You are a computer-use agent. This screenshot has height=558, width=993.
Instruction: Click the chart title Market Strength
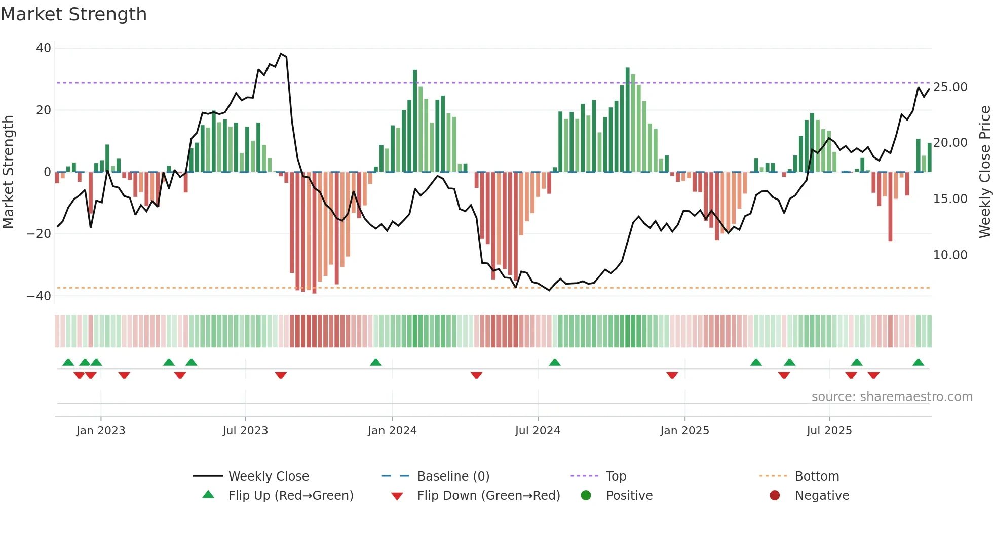pyautogui.click(x=73, y=14)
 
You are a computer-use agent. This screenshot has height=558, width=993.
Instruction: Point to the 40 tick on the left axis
pyautogui.click(x=44, y=48)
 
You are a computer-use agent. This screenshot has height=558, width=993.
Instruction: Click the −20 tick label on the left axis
pyautogui.click(x=39, y=234)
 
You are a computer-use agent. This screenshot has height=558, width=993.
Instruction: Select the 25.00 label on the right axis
pyautogui.click(x=950, y=87)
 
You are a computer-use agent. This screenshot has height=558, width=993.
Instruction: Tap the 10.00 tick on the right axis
pyautogui.click(x=950, y=255)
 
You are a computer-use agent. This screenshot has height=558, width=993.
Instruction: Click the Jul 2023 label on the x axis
pyautogui.click(x=245, y=431)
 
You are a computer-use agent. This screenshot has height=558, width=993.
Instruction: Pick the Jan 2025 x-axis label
pyautogui.click(x=684, y=431)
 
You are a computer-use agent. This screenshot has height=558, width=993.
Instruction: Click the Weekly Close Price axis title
pyautogui.click(x=984, y=172)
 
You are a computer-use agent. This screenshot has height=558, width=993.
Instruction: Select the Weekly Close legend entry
pyautogui.click(x=269, y=476)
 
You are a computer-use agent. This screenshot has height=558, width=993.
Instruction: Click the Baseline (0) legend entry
pyautogui.click(x=453, y=476)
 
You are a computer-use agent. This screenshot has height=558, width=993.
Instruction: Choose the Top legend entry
pyautogui.click(x=616, y=476)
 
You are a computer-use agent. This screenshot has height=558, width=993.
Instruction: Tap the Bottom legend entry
pyautogui.click(x=817, y=476)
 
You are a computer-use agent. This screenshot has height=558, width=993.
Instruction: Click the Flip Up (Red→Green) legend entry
pyautogui.click(x=290, y=496)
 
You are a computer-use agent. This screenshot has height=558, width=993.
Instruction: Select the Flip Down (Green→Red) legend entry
pyautogui.click(x=488, y=496)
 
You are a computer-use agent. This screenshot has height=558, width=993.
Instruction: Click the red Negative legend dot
pyautogui.click(x=775, y=496)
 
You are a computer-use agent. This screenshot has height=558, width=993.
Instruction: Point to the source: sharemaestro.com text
pyautogui.click(x=892, y=397)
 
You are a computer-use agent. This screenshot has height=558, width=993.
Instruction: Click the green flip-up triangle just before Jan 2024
pyautogui.click(x=376, y=363)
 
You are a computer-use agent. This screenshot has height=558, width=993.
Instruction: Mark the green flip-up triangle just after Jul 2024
pyautogui.click(x=555, y=363)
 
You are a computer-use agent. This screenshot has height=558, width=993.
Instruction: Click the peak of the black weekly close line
pyautogui.click(x=281, y=54)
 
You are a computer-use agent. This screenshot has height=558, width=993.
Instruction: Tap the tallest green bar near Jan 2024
pyautogui.click(x=415, y=122)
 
